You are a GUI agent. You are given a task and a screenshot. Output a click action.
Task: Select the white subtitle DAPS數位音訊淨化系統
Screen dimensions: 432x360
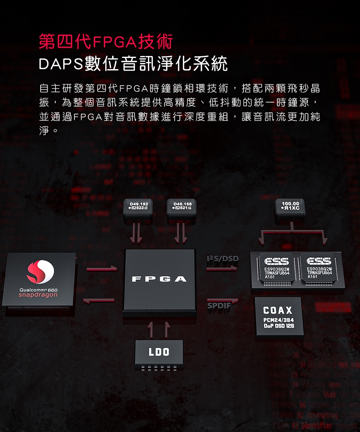point(133,64)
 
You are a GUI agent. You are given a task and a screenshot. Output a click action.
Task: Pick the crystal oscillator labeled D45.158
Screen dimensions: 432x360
point(182,207)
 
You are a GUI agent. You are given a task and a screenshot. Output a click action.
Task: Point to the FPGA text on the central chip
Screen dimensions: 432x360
point(159,279)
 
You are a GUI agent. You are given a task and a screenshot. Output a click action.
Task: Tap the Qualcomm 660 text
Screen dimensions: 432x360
point(39,290)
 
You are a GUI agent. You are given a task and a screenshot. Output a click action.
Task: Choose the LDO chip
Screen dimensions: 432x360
point(159,352)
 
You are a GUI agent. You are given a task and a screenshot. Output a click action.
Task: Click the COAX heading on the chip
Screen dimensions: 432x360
point(278,310)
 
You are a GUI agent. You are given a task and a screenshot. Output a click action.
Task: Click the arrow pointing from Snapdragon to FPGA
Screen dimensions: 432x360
point(102,268)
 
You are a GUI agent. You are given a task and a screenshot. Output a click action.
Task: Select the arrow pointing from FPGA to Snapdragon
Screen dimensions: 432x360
point(99,300)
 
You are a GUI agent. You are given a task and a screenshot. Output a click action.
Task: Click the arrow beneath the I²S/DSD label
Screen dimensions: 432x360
point(222,267)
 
